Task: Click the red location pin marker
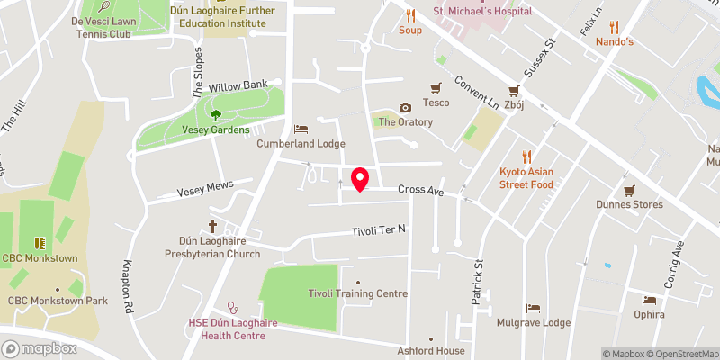360,179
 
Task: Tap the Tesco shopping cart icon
436,88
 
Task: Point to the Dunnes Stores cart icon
629,190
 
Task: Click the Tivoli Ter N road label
378,231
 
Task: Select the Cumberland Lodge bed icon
301,129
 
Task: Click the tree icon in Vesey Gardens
216,114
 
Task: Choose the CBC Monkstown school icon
40,242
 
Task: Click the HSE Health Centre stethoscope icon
232,307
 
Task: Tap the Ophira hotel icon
648,300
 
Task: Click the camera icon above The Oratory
405,107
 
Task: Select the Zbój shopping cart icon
514,90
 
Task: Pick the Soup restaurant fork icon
410,14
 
